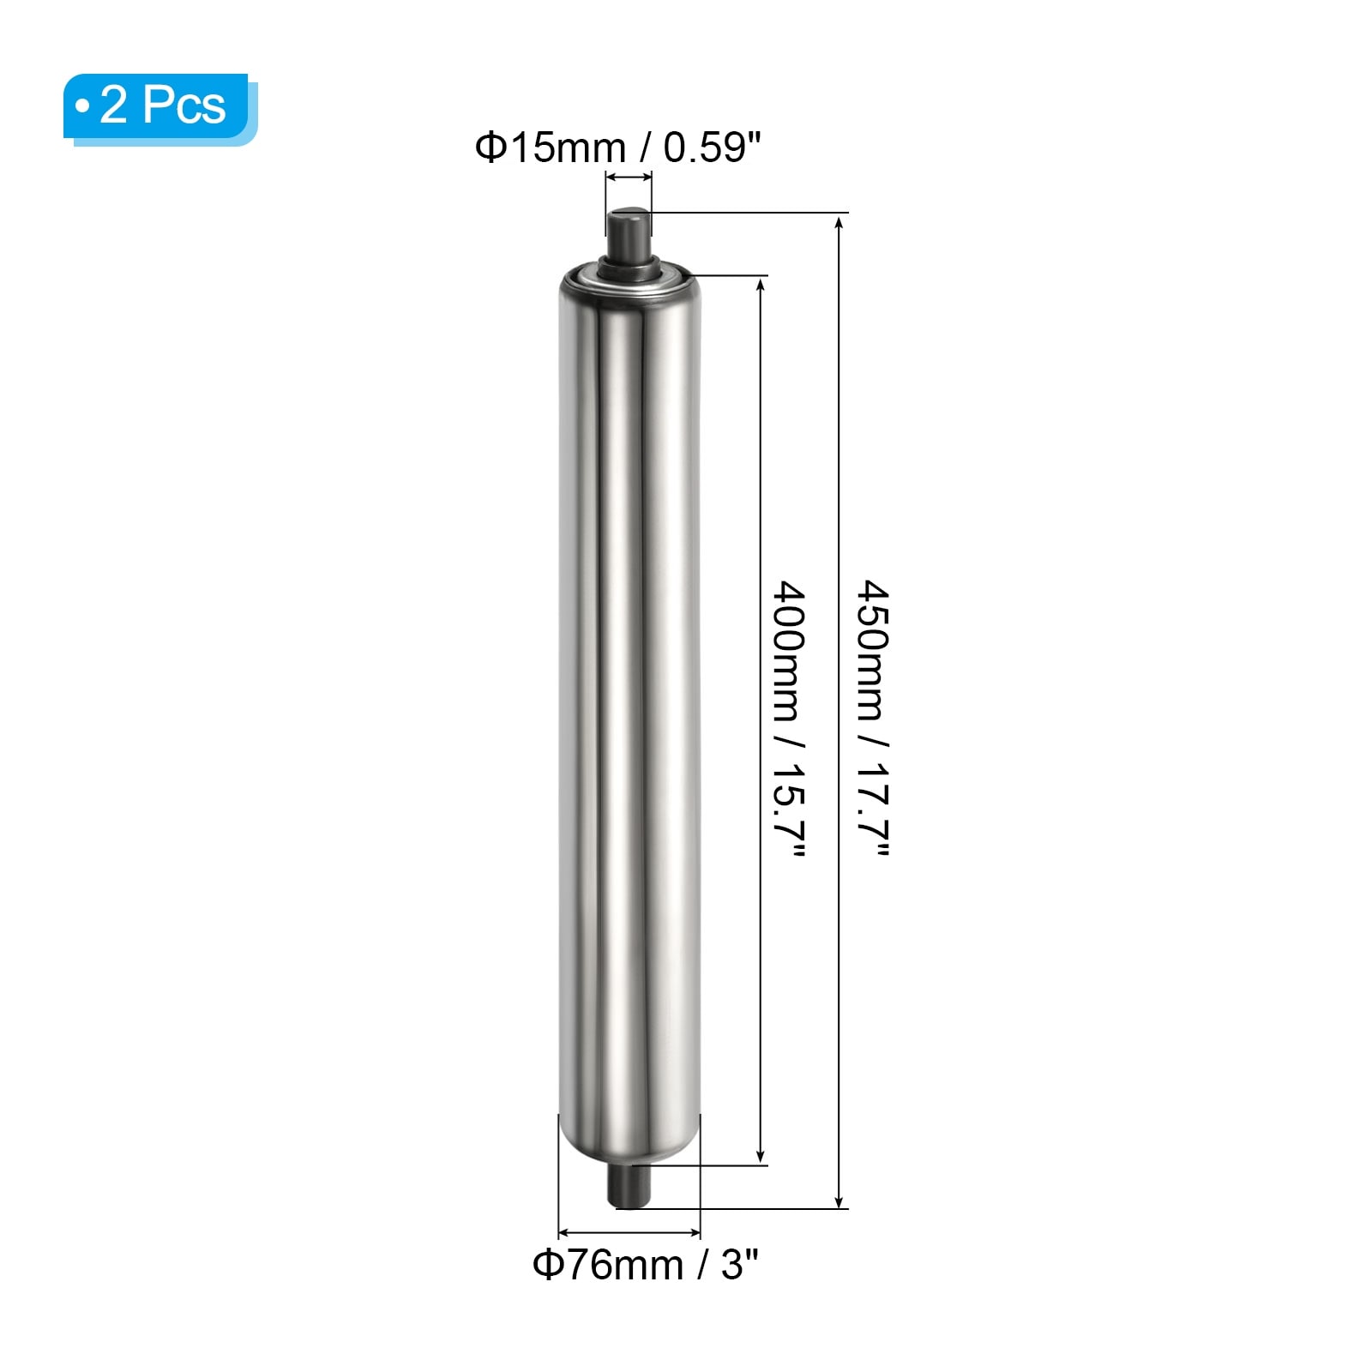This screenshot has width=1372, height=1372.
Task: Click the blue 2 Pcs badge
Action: [x=159, y=107]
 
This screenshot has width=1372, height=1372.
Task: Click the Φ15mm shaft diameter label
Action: [x=551, y=147]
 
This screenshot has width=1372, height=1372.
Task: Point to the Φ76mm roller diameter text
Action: [x=608, y=1265]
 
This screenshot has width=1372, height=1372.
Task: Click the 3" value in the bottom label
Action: [x=741, y=1265]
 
